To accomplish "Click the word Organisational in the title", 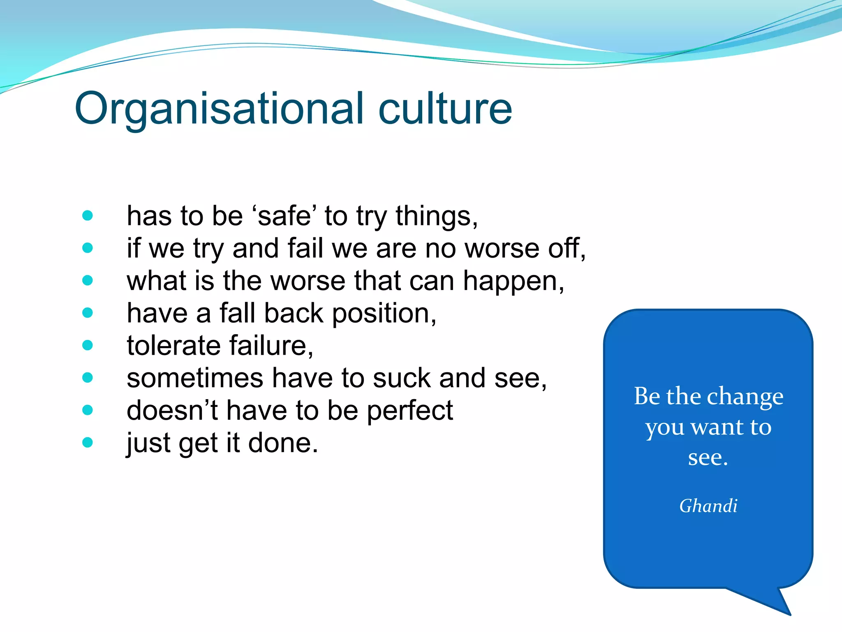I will (218, 109).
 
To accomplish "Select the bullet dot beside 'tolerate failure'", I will (88, 345).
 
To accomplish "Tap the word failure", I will (271, 346).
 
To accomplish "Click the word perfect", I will (409, 411).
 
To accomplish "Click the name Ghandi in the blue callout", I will (708, 506).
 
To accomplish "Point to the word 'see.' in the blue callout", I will (708, 458).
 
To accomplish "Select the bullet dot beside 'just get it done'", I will (88, 442).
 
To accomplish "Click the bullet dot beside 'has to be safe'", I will (88, 215).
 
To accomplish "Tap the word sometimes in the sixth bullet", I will (195, 378).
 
